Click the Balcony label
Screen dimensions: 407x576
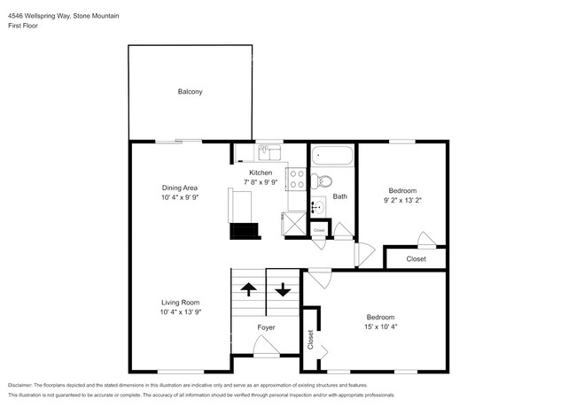point(190,91)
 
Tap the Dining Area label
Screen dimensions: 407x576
point(179,188)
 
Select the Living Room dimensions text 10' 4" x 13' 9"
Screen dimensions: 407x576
point(182,312)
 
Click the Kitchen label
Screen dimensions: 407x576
point(261,172)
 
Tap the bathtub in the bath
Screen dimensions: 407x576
point(333,157)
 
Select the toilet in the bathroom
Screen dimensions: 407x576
point(324,181)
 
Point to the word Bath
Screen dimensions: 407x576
point(340,196)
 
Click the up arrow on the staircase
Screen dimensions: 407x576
point(248,288)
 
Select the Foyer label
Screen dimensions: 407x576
point(266,327)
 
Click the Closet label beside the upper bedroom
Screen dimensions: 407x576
point(416,259)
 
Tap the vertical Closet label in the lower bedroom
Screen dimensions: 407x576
point(310,340)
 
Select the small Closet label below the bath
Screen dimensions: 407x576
point(319,230)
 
